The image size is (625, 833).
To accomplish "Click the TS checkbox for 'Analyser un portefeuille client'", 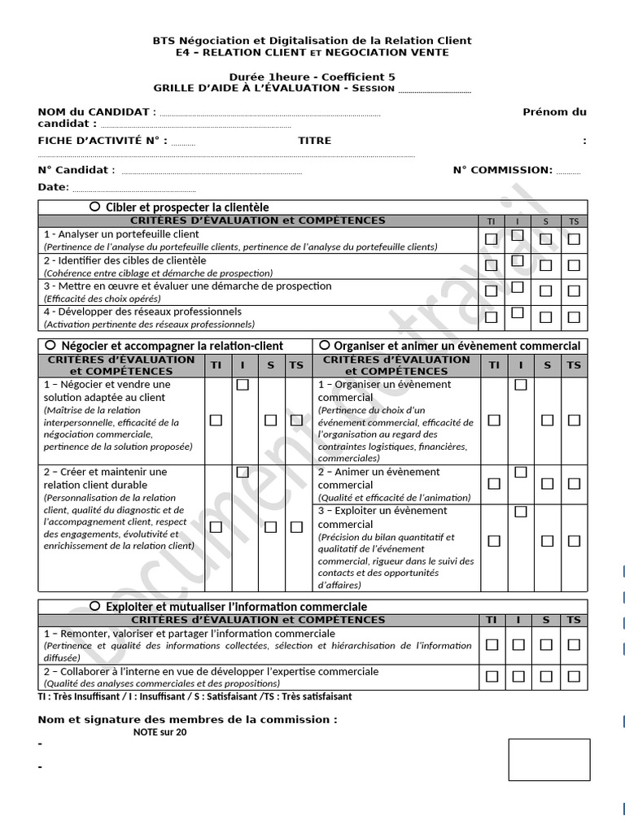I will pyautogui.click(x=574, y=239).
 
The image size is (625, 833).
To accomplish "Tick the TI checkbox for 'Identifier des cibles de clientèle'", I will pyautogui.click(x=491, y=265).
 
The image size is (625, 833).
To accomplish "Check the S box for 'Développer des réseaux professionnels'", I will pyautogui.click(x=546, y=317).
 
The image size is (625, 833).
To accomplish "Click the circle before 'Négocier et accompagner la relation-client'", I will pyautogui.click(x=51, y=345).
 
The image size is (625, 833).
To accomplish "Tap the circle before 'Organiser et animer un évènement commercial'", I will pyautogui.click(x=325, y=345).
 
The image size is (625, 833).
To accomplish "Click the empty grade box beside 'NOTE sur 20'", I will pyautogui.click(x=549, y=759).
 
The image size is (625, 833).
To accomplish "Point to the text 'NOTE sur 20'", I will pyautogui.click(x=160, y=732).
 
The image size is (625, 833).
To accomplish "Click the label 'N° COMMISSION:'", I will pyautogui.click(x=502, y=170).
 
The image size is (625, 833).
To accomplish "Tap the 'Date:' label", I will pyautogui.click(x=53, y=187).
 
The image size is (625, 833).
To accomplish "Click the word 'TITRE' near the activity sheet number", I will pyautogui.click(x=314, y=141).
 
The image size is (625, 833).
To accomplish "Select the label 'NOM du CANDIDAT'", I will pyautogui.click(x=94, y=112).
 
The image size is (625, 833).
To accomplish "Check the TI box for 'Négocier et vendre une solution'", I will pyautogui.click(x=216, y=420).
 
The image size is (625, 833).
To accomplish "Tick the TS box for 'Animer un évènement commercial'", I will pyautogui.click(x=574, y=484).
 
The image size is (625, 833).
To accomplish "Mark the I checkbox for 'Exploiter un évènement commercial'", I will pyautogui.click(x=521, y=512).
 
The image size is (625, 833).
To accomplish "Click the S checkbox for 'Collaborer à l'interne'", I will pyautogui.click(x=546, y=676).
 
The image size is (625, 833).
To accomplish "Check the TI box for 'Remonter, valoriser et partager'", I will pyautogui.click(x=492, y=645).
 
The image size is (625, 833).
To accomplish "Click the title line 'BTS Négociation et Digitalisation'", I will pyautogui.click(x=312, y=41).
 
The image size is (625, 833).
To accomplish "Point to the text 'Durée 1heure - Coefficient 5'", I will pyautogui.click(x=312, y=76).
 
